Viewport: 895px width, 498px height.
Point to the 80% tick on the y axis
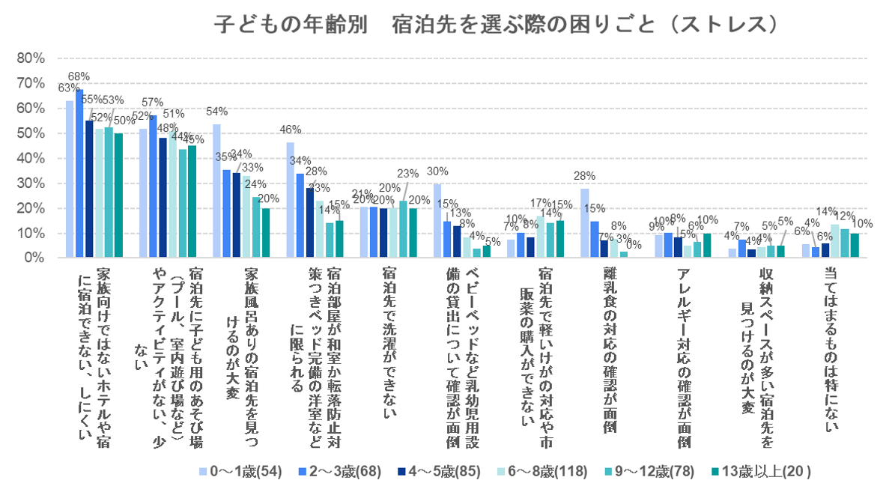pyautogui.click(x=33, y=58)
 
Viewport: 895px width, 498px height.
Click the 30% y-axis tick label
pyautogui.click(x=33, y=183)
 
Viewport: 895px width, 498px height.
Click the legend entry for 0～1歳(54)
pyautogui.click(x=239, y=472)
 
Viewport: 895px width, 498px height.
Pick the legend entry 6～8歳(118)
pyautogui.click(x=550, y=472)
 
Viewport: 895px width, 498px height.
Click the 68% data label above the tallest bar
pyautogui.click(x=79, y=76)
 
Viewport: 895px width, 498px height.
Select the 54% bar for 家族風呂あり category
pyautogui.click(x=216, y=191)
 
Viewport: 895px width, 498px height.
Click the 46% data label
pyautogui.click(x=290, y=129)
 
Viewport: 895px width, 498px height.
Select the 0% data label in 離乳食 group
pyautogui.click(x=635, y=244)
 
